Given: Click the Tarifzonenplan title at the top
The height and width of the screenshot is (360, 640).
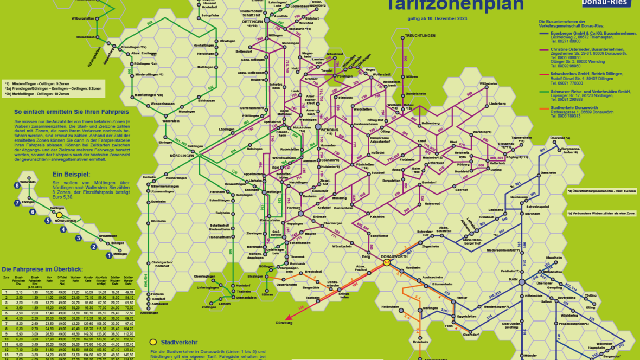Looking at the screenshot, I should pos(454,5).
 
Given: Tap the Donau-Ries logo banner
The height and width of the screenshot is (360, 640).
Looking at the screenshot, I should pos(605,3).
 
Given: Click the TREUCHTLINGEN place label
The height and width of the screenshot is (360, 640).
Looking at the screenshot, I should pos(419,36).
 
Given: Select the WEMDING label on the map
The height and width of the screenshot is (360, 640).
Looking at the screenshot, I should pos(329,131).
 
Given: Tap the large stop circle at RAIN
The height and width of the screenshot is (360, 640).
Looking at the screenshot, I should pos(522,281).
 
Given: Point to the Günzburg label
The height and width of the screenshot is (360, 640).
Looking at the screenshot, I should pos(283,323).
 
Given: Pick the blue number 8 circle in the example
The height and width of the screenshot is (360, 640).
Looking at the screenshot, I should pos(17,185).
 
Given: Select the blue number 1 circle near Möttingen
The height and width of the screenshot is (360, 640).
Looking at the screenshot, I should pos(109,255).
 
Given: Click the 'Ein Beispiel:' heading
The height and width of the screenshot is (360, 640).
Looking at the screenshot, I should pos(71,174).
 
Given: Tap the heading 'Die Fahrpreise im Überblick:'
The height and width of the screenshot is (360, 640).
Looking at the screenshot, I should pos(42,269).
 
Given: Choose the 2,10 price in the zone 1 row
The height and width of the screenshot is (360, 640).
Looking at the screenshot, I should pos(20,292).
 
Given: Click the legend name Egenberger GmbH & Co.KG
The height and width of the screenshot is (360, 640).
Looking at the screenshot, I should pos(569,33).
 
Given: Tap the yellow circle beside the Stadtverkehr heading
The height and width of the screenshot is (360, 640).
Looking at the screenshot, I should pos(153,342).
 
